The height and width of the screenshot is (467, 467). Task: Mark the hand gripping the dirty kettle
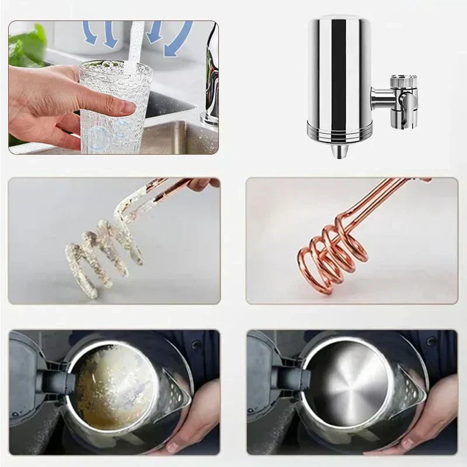(187, 426)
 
